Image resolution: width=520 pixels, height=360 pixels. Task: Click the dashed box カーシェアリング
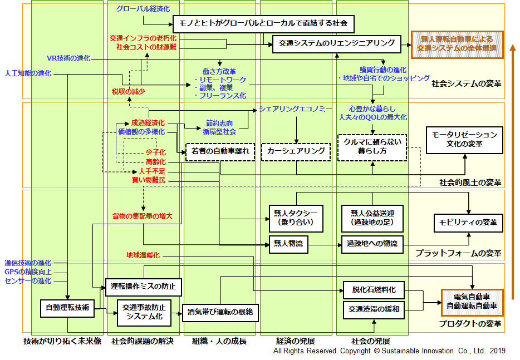(x=296, y=151)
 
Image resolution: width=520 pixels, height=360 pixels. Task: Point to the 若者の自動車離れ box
(x=220, y=151)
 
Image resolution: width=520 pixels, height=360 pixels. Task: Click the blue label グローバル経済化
(x=144, y=9)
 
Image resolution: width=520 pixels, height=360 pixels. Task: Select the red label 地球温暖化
(x=143, y=255)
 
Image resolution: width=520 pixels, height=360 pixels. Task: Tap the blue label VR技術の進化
(x=68, y=58)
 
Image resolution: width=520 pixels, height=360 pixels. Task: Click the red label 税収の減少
(x=129, y=91)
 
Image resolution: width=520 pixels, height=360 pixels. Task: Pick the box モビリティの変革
(x=468, y=223)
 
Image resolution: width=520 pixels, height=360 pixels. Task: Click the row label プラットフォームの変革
(x=458, y=253)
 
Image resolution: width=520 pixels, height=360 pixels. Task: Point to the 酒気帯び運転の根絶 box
(x=220, y=312)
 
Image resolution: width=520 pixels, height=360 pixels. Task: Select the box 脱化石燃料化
(x=373, y=290)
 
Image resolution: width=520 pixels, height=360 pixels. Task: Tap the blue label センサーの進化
(x=28, y=280)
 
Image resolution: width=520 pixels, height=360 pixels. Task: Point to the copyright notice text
(x=389, y=351)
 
